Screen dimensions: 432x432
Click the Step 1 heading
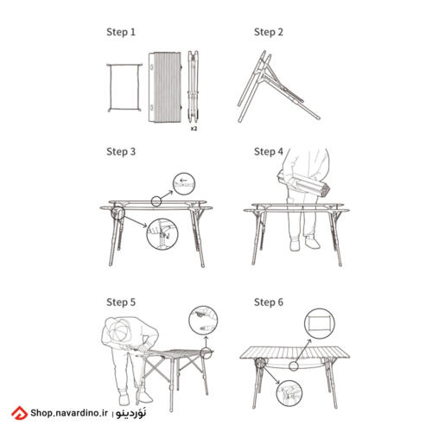[121, 32]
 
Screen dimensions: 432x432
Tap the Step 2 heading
[269, 32]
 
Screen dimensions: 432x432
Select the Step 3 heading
[121, 151]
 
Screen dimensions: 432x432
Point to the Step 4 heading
[269, 151]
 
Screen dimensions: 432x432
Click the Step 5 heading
[121, 302]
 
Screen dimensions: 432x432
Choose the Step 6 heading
[269, 302]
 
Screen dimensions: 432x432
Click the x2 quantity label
[194, 129]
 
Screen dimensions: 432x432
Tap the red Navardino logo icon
[19, 413]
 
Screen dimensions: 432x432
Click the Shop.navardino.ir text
[69, 413]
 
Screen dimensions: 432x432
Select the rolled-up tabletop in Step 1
[165, 86]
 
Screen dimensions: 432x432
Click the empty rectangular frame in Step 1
[124, 66]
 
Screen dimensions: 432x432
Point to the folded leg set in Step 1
[194, 85]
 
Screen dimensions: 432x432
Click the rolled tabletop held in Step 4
[303, 184]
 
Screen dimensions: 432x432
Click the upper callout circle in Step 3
[184, 173]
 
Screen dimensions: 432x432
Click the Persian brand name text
[131, 412]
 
